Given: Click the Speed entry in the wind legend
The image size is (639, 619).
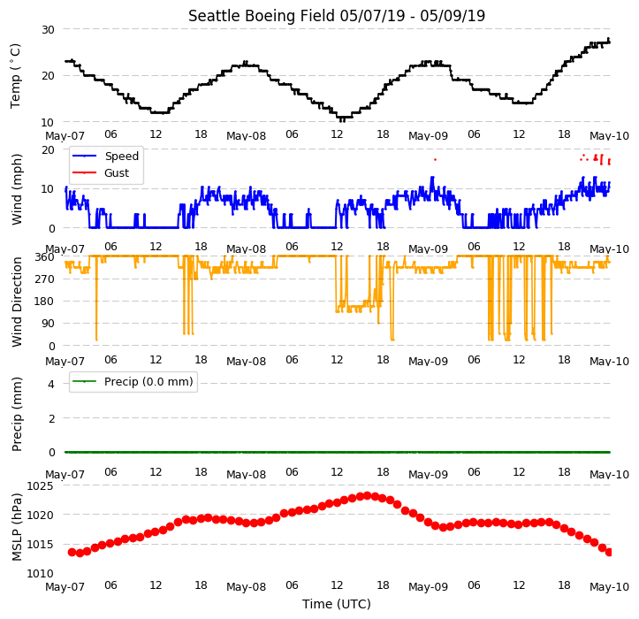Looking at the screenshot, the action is (x=121, y=157).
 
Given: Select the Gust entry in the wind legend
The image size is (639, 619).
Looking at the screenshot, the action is (x=117, y=173).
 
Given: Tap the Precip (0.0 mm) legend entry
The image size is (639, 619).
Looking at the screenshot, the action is (x=148, y=382).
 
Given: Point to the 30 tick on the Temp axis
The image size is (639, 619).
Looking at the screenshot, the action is (x=48, y=30).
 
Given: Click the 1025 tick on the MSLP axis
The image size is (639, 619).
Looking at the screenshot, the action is (x=41, y=486).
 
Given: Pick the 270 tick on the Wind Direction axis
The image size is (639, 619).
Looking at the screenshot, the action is (x=45, y=279).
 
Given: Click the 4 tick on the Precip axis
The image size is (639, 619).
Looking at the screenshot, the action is (x=51, y=384).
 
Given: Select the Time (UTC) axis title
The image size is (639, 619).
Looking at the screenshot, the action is (x=336, y=604).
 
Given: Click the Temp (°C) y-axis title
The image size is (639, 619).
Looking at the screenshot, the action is (x=15, y=76).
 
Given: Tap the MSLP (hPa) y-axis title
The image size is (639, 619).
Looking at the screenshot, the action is (x=16, y=527).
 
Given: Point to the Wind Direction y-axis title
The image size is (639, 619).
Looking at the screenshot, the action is (x=17, y=302).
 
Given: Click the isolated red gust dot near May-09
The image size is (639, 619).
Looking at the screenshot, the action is (x=435, y=159).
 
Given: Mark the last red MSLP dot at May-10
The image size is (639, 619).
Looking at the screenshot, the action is (x=609, y=552).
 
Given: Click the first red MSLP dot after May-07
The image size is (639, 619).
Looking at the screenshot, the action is (x=72, y=552).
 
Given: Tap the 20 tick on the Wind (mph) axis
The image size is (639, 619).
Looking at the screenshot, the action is (x=48, y=150).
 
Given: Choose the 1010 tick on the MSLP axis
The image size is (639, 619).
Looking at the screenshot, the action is (x=41, y=573).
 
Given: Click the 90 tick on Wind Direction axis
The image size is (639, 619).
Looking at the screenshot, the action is (x=48, y=324).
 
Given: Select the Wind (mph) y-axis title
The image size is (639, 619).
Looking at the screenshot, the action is (x=17, y=189).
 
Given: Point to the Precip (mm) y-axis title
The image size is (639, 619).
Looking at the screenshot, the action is (x=17, y=415).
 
